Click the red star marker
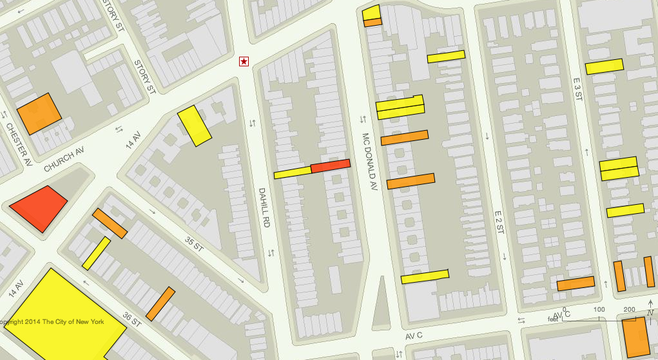coord(244,61)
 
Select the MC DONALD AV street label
coord(368,162)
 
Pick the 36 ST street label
coord(132,317)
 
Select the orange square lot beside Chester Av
coord(39,113)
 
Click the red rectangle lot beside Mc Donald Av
coord(331,166)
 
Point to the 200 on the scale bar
coord(630,310)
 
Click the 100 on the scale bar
coord(599,310)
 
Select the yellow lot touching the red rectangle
coord(293,172)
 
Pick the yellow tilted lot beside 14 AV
coord(195,125)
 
